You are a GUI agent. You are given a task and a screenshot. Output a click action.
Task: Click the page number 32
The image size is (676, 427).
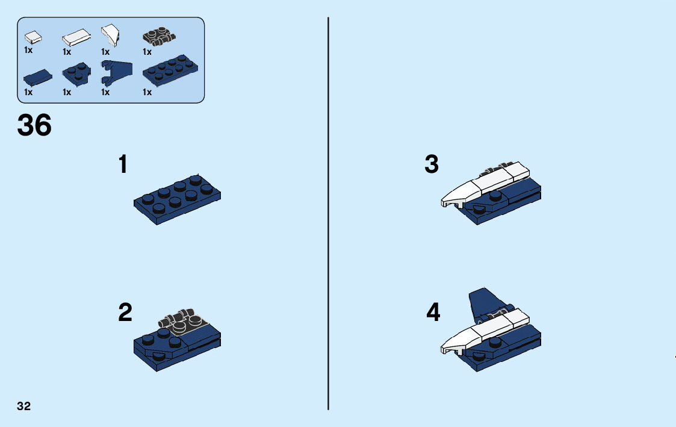[x=24, y=406]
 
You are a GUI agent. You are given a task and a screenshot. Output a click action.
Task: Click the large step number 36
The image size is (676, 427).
[x=34, y=125]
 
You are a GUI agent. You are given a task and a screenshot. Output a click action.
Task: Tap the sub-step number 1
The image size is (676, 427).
[x=123, y=164]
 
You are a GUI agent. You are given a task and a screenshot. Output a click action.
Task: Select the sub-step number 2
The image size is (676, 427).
[x=125, y=313]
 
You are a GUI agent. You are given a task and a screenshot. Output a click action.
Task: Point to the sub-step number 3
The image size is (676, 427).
[x=432, y=164]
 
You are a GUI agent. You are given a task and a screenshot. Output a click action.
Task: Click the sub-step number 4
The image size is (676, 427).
[x=433, y=313]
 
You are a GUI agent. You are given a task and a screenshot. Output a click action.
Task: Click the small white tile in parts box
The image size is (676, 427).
[x=33, y=37]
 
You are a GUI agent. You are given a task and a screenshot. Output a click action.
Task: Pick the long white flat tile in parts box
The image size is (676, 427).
[x=75, y=38]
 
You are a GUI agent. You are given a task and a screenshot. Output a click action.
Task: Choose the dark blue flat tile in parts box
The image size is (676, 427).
[x=37, y=77]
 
